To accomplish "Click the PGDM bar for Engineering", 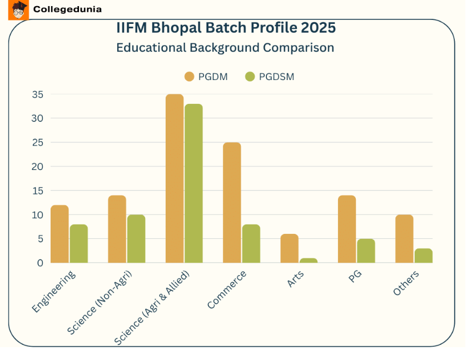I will pyautogui.click(x=59, y=234).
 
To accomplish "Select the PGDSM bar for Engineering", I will pyautogui.click(x=78, y=243).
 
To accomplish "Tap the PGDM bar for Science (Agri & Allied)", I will pyautogui.click(x=175, y=178).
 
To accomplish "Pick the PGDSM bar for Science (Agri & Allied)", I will pyautogui.click(x=193, y=183).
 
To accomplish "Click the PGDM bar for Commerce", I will pyautogui.click(x=232, y=202).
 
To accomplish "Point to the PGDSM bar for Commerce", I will pyautogui.click(x=251, y=243).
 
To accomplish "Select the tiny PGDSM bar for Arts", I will pyautogui.click(x=309, y=261).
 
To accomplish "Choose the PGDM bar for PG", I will pyautogui.click(x=347, y=229).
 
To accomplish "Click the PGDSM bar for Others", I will pyautogui.click(x=424, y=256).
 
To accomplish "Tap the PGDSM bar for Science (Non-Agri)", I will pyautogui.click(x=136, y=239).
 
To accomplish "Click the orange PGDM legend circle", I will pyautogui.click(x=189, y=77).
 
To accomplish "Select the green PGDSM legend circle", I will pyautogui.click(x=250, y=77).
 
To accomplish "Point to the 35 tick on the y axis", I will pyautogui.click(x=37, y=94).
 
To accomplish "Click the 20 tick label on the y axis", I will pyautogui.click(x=37, y=167).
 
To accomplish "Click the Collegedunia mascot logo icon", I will pyautogui.click(x=18, y=9).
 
